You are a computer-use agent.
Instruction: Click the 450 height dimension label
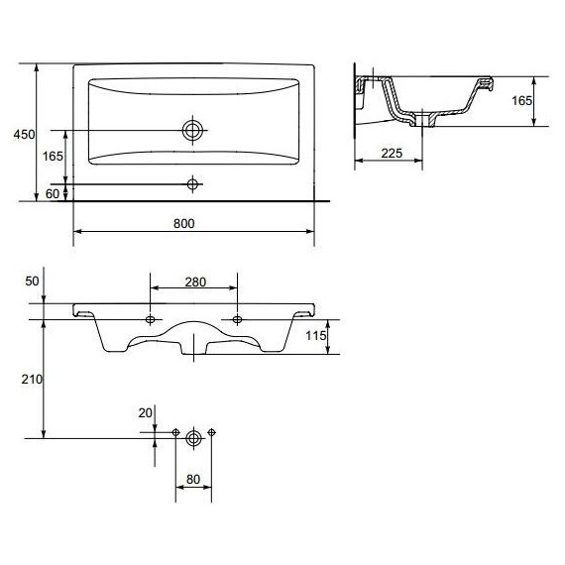pos(24,135)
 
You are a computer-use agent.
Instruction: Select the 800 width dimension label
pos(183,224)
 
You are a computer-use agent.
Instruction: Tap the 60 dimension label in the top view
pos(53,194)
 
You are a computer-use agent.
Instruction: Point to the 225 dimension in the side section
pos(392,154)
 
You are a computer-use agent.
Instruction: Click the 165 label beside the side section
pos(521,100)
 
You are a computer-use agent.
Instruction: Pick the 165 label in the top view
pos(53,157)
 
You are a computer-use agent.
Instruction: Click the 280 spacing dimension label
pos(195,282)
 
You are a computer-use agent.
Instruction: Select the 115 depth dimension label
pos(315,336)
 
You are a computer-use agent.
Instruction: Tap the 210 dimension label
pos(32,380)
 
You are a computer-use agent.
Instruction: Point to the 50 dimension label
pos(32,282)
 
